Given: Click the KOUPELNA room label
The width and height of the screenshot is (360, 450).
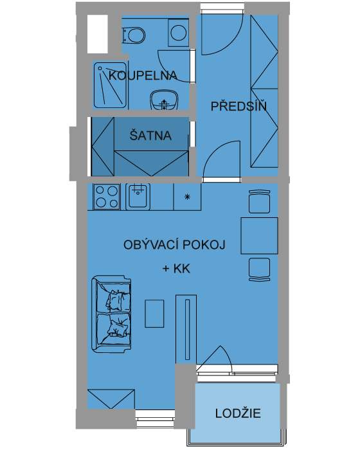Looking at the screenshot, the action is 143,75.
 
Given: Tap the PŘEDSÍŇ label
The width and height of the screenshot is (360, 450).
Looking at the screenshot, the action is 239,106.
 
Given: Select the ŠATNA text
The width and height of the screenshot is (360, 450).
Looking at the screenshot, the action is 150,135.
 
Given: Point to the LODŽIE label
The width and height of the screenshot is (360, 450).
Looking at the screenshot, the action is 238,413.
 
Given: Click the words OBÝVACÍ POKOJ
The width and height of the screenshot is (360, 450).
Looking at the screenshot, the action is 174,244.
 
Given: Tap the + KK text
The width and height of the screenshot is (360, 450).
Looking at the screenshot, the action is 176,269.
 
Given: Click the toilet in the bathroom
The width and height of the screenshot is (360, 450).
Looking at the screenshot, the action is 134,35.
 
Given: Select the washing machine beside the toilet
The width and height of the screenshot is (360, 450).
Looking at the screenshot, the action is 178,33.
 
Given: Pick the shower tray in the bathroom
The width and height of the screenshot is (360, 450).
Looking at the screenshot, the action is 110,85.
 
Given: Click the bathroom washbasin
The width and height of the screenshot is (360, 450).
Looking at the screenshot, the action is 164,100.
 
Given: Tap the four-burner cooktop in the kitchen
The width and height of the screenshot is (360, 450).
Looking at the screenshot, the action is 107,197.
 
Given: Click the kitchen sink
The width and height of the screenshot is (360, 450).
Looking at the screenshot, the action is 138,197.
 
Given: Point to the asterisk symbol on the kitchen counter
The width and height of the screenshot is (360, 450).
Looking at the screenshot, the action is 187,197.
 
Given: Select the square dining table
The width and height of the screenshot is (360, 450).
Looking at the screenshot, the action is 259,236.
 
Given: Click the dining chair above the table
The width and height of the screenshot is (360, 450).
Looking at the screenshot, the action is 259,201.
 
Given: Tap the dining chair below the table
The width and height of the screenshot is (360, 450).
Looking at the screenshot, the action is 259,269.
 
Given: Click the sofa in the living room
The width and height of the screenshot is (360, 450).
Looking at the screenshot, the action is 111,314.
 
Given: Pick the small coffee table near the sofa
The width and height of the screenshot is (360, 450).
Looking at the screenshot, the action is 154,314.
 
